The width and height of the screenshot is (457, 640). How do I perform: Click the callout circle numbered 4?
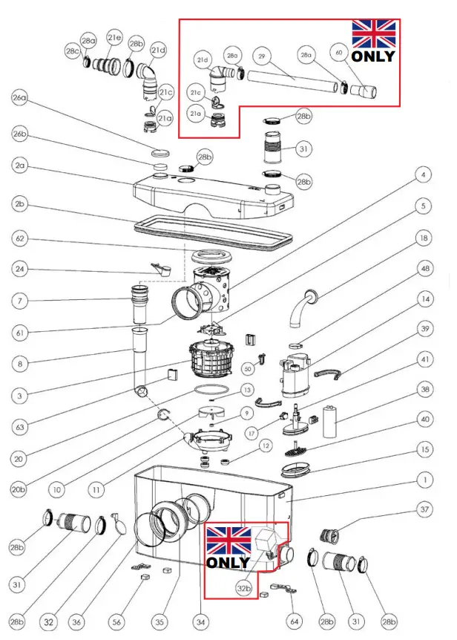point(423,175)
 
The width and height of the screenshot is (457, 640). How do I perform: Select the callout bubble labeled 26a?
point(20,97)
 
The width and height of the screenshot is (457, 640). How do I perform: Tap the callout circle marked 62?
point(20,238)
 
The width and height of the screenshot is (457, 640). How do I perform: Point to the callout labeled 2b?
point(20,203)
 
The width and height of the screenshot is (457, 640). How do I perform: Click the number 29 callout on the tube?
point(261,56)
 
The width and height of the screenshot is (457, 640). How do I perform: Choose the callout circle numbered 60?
point(339,53)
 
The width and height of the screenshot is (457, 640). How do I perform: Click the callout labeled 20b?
point(20,489)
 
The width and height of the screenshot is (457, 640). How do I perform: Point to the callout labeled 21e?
point(114,36)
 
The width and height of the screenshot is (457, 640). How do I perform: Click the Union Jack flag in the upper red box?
point(373,33)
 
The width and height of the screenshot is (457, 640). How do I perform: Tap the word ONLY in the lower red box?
point(228,562)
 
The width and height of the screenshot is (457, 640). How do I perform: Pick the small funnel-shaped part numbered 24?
point(159,267)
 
